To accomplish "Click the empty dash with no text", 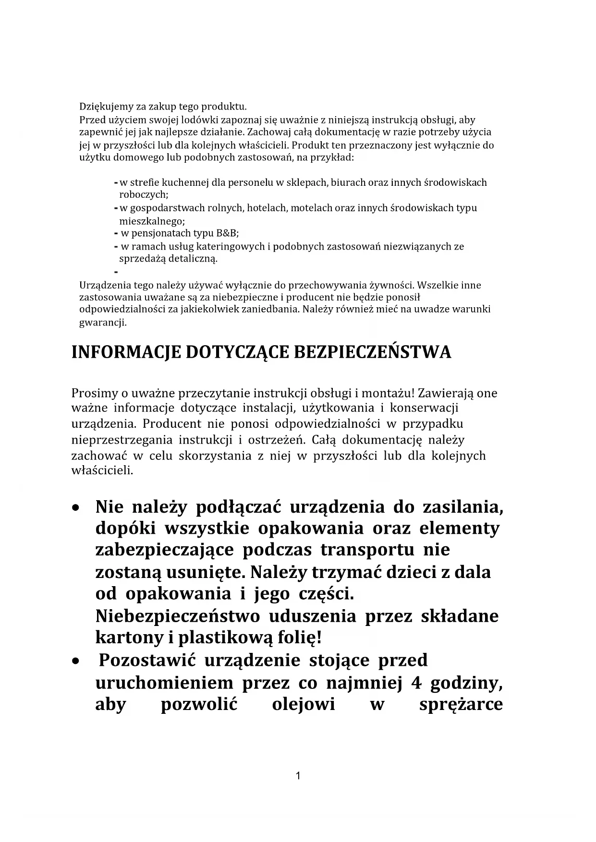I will (x=116, y=272).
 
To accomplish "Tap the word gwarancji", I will (x=102, y=323).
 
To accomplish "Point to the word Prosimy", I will (x=94, y=393).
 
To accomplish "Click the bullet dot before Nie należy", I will (x=75, y=507).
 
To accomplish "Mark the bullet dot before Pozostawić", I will (x=75, y=662).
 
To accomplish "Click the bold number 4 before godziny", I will (x=416, y=683).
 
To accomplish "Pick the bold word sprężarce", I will (x=461, y=704).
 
